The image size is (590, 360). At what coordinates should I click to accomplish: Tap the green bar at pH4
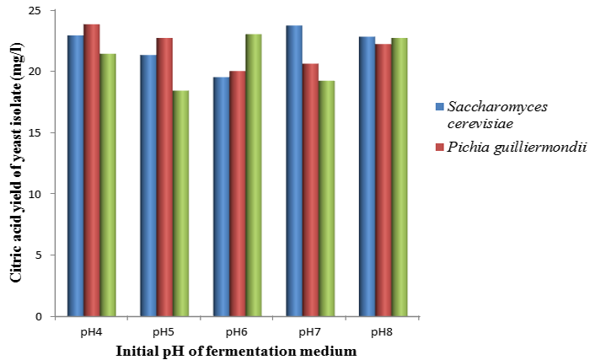tap(108, 185)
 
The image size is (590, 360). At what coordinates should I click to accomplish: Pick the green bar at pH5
tap(180, 203)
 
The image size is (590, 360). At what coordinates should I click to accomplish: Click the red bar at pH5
tap(164, 177)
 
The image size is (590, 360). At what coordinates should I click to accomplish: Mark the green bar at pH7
tap(326, 199)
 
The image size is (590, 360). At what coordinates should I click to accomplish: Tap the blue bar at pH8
tap(366, 176)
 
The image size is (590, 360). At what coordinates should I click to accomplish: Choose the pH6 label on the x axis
tap(237, 331)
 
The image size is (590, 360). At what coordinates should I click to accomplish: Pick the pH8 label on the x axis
tap(382, 331)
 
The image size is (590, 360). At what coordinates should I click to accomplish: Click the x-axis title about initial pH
tap(237, 349)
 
